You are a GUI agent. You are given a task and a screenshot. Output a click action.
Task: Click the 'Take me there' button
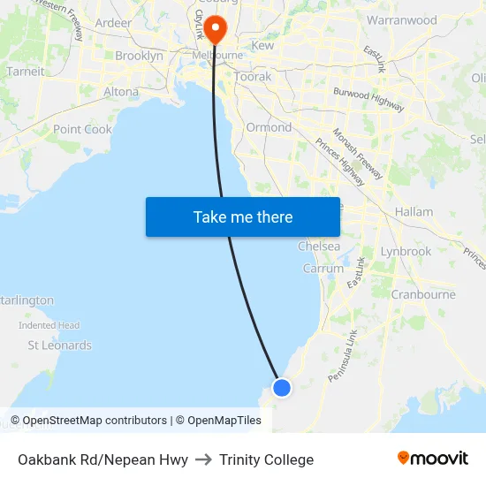click(x=243, y=216)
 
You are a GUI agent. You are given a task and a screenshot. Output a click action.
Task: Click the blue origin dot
click(x=282, y=387)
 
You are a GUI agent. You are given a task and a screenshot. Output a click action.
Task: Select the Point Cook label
click(x=82, y=129)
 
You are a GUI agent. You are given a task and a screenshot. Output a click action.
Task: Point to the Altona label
click(x=121, y=91)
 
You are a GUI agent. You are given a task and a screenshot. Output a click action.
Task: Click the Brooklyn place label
click(x=139, y=56)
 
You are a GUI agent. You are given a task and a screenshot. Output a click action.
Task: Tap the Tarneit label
click(x=25, y=72)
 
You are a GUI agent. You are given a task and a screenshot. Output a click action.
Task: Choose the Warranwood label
click(x=401, y=19)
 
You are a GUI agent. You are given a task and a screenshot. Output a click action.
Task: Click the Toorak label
click(x=253, y=77)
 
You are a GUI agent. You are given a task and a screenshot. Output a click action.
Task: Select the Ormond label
click(x=269, y=127)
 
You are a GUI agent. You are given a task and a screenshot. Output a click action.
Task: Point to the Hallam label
click(x=414, y=212)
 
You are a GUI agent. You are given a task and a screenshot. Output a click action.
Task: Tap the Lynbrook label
click(x=406, y=251)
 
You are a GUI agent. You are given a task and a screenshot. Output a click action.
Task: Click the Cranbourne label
click(x=423, y=294)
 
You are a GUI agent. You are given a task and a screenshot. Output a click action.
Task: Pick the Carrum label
click(x=323, y=269)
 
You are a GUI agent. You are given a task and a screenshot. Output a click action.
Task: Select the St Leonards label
click(x=59, y=346)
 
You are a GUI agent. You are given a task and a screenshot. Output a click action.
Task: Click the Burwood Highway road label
click(x=368, y=98)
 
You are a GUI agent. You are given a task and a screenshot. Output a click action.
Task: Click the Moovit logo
click(x=432, y=458)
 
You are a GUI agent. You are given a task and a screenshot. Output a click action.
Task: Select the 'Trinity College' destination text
click(x=266, y=459)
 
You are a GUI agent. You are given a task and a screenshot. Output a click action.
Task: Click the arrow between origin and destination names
click(x=203, y=459)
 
